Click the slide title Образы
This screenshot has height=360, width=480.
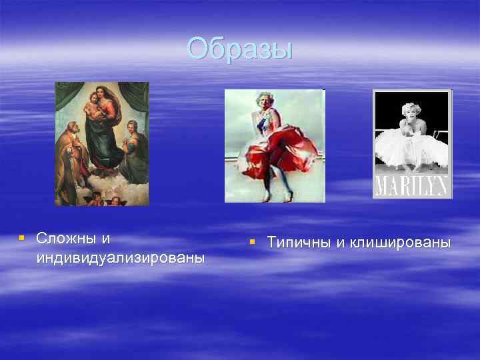[239, 48]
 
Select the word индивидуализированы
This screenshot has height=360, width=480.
[121, 257]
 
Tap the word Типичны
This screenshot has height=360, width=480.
[297, 242]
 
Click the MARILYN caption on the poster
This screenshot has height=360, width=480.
[411, 186]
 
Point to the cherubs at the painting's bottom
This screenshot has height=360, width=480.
[103, 198]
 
